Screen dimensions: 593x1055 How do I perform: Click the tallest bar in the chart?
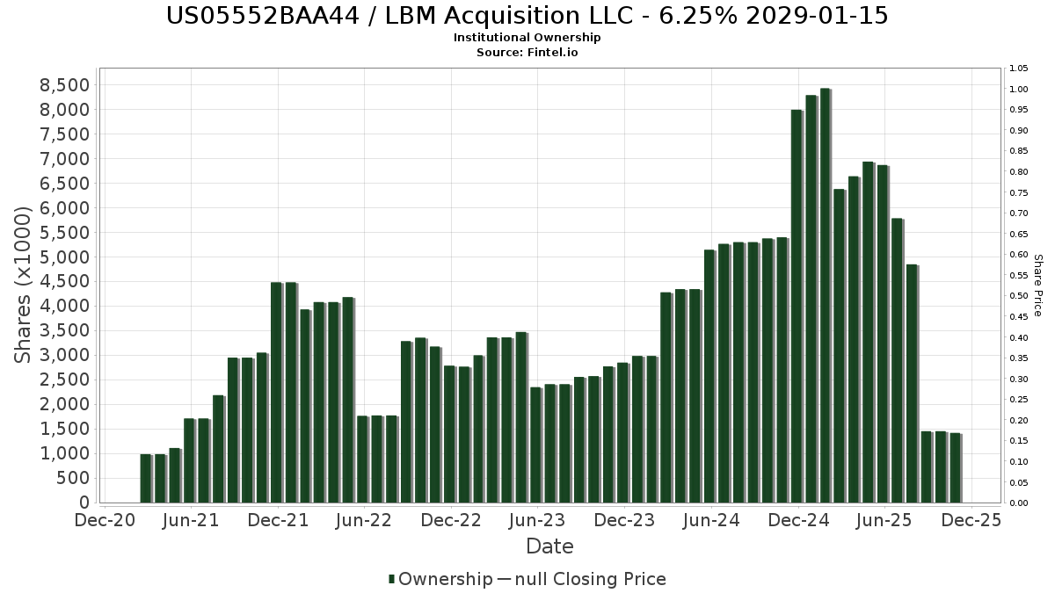825,295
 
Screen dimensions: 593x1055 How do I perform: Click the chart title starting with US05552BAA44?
527,16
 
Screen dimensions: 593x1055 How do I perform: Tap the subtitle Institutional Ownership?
527,38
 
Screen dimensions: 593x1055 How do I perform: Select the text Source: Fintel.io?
527,52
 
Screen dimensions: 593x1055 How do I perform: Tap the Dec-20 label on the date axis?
105,521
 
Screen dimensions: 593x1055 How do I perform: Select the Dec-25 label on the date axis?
971,521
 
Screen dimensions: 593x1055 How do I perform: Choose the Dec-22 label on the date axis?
451,521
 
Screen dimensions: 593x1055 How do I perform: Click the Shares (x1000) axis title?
24,284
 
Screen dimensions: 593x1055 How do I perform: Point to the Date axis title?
549,546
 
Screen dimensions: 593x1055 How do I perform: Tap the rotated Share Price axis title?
1037,286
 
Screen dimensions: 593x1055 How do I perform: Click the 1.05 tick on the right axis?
1019,69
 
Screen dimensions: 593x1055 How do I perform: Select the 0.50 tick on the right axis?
1019,296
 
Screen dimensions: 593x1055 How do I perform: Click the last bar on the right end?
955,467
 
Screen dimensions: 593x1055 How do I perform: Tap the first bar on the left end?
146,478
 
